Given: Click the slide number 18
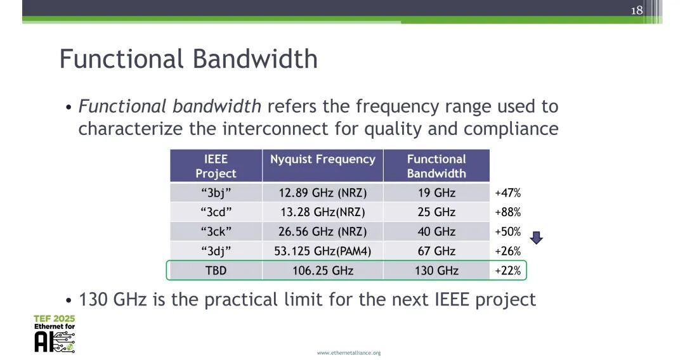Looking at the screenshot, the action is point(637,10).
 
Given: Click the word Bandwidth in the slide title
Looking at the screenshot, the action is point(255,59).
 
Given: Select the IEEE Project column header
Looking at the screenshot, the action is point(216,166).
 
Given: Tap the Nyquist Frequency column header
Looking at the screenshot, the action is point(322,159).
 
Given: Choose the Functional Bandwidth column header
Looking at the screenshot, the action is point(436,166).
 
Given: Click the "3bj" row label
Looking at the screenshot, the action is point(216,193).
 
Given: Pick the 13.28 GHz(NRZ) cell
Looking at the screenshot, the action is point(322,212).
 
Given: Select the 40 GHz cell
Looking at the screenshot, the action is point(436,231).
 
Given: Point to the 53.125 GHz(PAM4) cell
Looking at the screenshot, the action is point(322,251).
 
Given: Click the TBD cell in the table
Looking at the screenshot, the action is point(216,271).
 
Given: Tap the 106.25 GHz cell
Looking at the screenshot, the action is point(322,271).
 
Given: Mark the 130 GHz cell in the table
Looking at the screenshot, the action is point(436,271).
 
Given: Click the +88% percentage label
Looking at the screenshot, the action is point(507,212).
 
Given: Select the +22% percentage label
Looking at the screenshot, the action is point(507,271).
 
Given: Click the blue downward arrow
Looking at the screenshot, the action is point(537,238).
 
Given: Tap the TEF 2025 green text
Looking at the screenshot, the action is point(54,319).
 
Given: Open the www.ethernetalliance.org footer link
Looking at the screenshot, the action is point(349,352).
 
